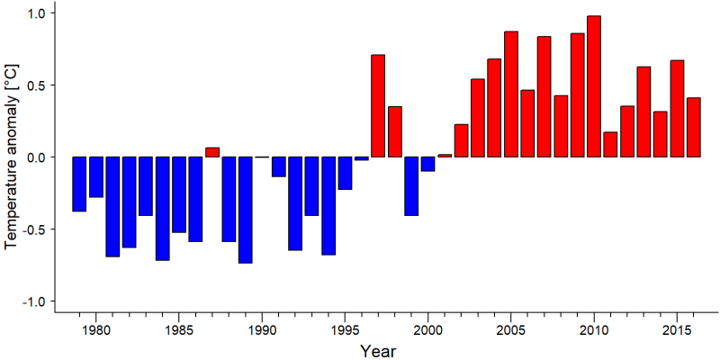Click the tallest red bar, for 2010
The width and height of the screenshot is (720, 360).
594,86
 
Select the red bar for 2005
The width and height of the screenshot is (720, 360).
511,94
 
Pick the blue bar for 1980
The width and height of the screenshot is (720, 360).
96,177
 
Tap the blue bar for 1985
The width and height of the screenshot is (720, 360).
179,194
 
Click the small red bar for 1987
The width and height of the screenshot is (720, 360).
212,152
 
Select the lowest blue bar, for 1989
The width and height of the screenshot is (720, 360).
245,211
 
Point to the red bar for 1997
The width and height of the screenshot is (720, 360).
378,105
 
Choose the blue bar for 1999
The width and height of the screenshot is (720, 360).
411,186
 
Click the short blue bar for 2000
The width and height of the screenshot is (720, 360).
428,165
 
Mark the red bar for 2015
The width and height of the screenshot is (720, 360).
677,108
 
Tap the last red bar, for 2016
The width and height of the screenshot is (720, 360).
693,127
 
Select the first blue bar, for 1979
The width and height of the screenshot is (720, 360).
79,184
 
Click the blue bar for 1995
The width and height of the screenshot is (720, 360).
345,173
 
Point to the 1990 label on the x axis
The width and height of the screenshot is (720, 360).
262,330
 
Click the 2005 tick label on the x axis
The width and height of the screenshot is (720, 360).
511,330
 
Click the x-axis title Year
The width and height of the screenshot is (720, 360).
377,351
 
